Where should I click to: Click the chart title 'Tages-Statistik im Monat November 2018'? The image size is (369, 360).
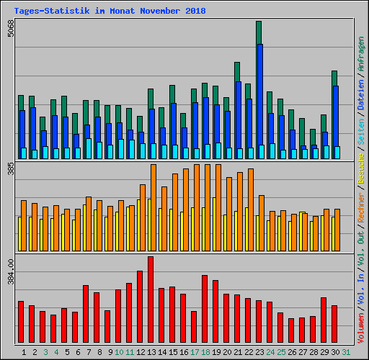[110, 11]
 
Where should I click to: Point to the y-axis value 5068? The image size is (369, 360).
[9, 32]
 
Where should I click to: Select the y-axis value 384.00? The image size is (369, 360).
[9, 274]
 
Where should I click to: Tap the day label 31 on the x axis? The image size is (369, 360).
[347, 351]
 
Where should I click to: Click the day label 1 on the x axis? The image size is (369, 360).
[25, 351]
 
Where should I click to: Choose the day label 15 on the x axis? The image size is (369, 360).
[172, 351]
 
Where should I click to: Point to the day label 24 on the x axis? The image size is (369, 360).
[270, 351]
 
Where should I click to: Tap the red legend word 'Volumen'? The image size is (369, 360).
[360, 327]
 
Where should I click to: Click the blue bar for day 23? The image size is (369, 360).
[259, 101]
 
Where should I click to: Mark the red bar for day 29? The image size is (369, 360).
[324, 320]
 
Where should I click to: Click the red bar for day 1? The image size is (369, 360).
[21, 322]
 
